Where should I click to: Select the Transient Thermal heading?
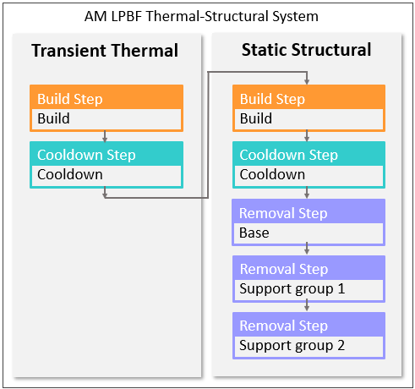tap(105, 51)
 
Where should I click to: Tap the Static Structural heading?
tap(306, 50)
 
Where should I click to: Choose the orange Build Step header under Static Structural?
tap(273, 99)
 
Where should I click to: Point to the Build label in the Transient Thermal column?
tap(53, 119)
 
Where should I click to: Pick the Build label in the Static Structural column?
tap(256, 119)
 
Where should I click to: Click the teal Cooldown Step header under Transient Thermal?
tap(86, 155)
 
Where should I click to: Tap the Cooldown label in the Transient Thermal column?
tap(69, 175)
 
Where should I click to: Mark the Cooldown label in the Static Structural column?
tap(272, 175)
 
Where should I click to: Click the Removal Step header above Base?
tap(283, 213)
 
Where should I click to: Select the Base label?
tap(254, 233)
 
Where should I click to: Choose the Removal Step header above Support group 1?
tap(283, 270)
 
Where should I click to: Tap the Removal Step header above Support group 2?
tap(283, 326)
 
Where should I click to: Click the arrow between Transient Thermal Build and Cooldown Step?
tap(105, 136)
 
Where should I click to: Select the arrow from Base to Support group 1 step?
tap(308, 249)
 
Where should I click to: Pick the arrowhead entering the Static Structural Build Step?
tap(308, 81)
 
